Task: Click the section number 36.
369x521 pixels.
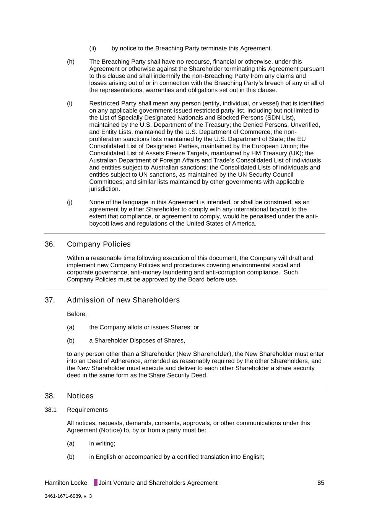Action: [x=50, y=244]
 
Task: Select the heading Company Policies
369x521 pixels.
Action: [x=99, y=244]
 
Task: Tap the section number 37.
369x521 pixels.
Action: [x=50, y=300]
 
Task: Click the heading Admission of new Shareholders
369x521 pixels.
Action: [x=123, y=300]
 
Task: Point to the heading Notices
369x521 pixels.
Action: [x=80, y=396]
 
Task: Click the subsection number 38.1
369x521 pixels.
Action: [x=50, y=410]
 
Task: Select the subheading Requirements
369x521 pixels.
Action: [x=87, y=410]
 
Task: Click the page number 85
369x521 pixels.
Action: [x=320, y=483]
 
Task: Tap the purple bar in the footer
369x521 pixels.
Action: [x=96, y=483]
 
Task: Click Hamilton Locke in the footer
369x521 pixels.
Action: [x=66, y=483]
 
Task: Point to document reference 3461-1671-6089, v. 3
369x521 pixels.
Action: [x=68, y=497]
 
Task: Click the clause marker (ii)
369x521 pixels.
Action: [x=93, y=48]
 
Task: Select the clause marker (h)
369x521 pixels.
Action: [x=71, y=62]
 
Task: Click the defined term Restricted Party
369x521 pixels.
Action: [x=113, y=103]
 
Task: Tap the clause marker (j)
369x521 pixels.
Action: [x=70, y=202]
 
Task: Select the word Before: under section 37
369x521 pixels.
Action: [x=77, y=314]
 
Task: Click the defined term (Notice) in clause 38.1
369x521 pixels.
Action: [x=110, y=430]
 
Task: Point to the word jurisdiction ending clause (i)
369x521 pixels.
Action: [x=104, y=189]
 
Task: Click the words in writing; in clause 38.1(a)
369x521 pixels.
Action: [x=102, y=444]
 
